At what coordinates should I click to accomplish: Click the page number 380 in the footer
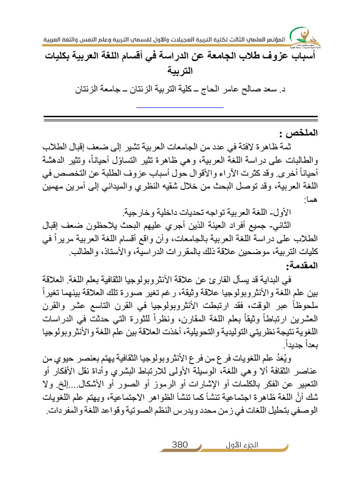(x=180, y=445)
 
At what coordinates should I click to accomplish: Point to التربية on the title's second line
(x=180, y=72)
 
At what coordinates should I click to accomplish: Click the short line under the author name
(x=180, y=107)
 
